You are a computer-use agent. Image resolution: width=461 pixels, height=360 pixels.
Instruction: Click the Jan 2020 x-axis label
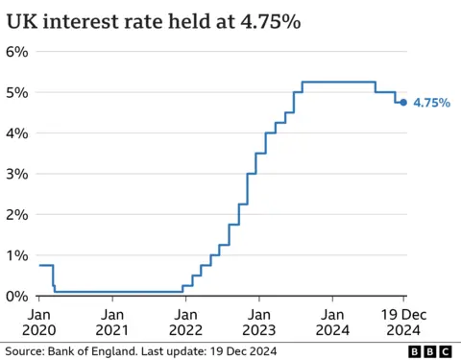[x=39, y=322]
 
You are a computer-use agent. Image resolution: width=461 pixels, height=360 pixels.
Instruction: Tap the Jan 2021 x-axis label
[x=112, y=322]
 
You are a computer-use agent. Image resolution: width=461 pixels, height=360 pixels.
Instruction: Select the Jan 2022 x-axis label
[x=185, y=322]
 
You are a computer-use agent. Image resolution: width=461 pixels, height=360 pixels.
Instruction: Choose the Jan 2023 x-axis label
[x=258, y=322]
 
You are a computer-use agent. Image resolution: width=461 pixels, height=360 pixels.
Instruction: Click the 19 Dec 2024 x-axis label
[x=401, y=322]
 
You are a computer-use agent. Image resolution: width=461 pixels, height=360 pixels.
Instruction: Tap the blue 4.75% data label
[x=431, y=103]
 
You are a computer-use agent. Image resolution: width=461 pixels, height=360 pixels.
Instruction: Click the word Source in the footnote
[x=23, y=352]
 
